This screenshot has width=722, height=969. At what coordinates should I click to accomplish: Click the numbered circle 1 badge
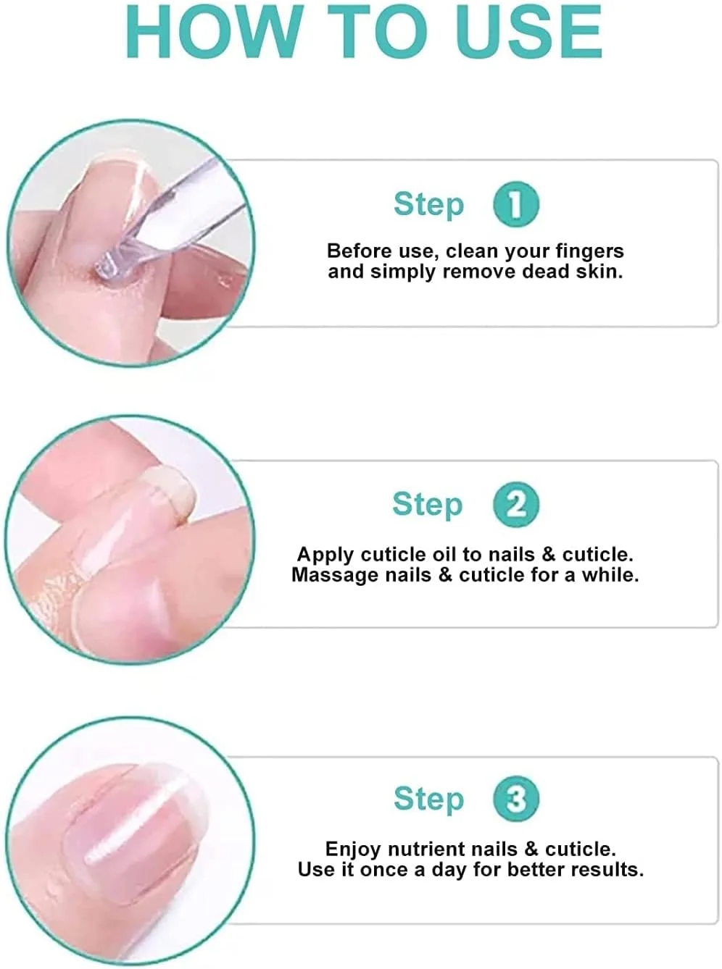tap(516, 204)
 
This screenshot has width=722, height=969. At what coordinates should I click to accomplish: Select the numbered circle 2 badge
tap(516, 505)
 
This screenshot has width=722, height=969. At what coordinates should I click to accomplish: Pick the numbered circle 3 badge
tap(516, 799)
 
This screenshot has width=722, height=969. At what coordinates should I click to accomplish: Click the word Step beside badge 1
tap(428, 204)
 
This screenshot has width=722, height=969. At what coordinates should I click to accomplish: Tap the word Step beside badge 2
tap(427, 505)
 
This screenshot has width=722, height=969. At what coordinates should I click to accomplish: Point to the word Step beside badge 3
tap(428, 799)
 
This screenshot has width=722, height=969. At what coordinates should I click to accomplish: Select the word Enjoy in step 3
tap(353, 850)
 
